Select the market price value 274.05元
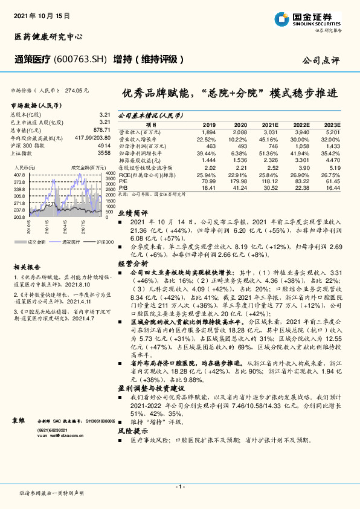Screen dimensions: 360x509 point(77,90)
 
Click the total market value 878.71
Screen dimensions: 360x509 point(101,130)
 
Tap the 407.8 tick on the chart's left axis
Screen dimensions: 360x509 point(19,174)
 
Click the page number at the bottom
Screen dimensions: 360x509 point(180,486)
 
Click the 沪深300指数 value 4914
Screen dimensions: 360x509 point(104,146)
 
